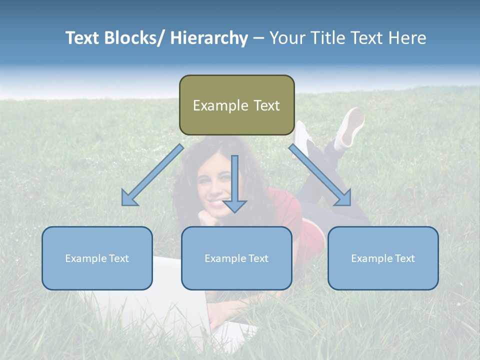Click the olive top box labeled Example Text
pos(236,105)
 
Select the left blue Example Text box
pos(97,258)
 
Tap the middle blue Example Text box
pos(236,258)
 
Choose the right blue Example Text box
pos(383,258)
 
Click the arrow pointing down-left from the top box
pos(152,175)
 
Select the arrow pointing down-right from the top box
pos(320,175)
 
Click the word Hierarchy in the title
pos(209,38)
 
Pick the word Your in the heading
pos(286,38)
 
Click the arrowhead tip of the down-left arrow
pos(123,204)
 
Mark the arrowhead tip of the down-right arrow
pos(350,204)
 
